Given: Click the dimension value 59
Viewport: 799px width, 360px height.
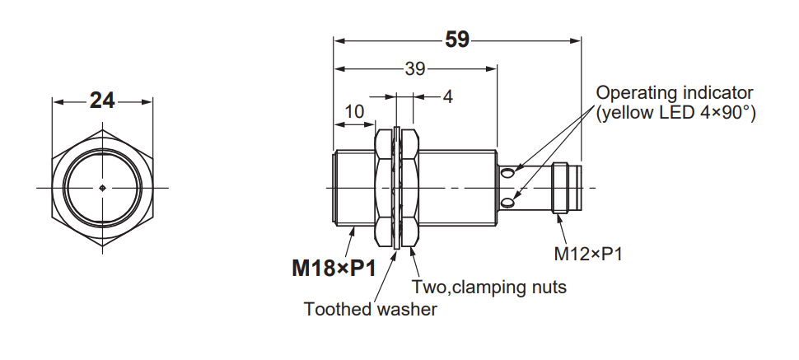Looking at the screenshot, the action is [456, 40].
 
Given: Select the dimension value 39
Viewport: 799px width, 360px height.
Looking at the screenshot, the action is [415, 69].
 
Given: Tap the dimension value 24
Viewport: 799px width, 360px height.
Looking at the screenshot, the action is [102, 101].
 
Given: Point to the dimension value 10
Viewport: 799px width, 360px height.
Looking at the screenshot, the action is [354, 112].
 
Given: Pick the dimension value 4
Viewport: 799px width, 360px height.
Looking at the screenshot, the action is [447, 97].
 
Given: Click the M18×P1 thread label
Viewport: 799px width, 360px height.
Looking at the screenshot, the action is [334, 269].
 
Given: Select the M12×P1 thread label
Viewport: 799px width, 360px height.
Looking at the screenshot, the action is [588, 254].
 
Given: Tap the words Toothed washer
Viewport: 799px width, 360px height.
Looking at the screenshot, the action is [371, 309].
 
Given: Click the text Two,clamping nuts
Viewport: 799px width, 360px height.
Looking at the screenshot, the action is [489, 287].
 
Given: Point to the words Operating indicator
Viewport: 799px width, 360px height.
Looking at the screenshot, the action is [674, 93].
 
